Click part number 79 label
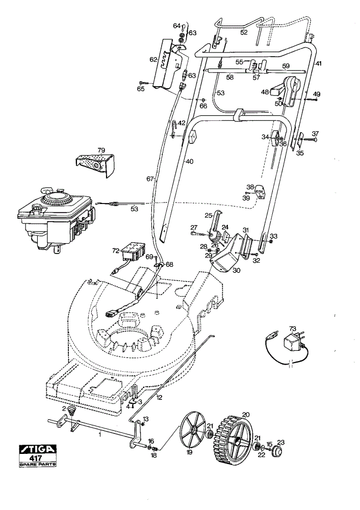click(x=101, y=150)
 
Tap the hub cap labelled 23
click(x=278, y=452)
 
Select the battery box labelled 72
click(x=133, y=251)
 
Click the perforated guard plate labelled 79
click(x=95, y=165)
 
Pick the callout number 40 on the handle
click(x=190, y=161)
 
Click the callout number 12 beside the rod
click(x=159, y=397)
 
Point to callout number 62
click(x=153, y=60)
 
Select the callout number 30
click(x=237, y=270)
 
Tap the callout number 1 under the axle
click(x=100, y=434)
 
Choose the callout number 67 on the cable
click(x=150, y=178)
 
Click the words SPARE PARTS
click(x=37, y=464)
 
